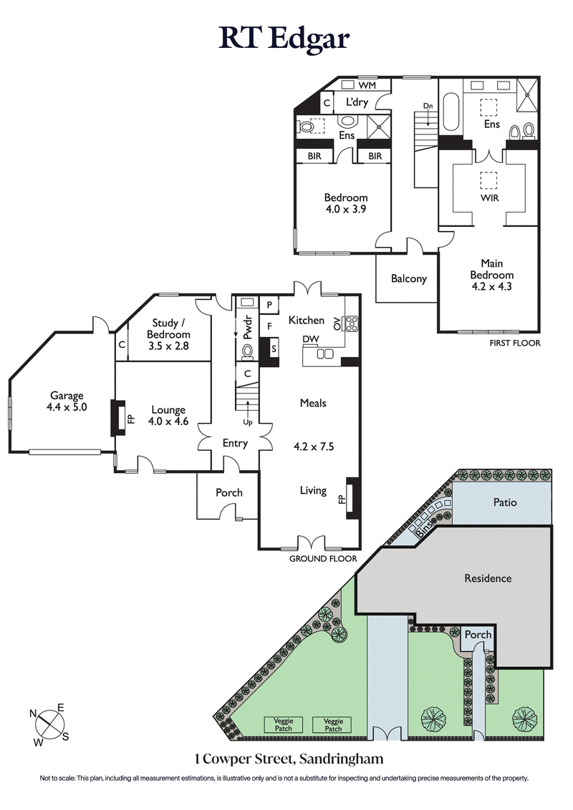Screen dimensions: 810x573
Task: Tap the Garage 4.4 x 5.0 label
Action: pyautogui.click(x=67, y=401)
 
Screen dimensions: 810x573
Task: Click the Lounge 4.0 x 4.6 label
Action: pyautogui.click(x=168, y=416)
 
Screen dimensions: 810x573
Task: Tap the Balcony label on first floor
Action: pyautogui.click(x=409, y=279)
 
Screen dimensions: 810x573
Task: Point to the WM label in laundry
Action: pyautogui.click(x=367, y=86)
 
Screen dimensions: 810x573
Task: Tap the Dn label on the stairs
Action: pyautogui.click(x=428, y=106)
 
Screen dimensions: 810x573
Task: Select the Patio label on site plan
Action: pyautogui.click(x=505, y=502)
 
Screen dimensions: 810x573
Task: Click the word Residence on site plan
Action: pyautogui.click(x=488, y=577)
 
